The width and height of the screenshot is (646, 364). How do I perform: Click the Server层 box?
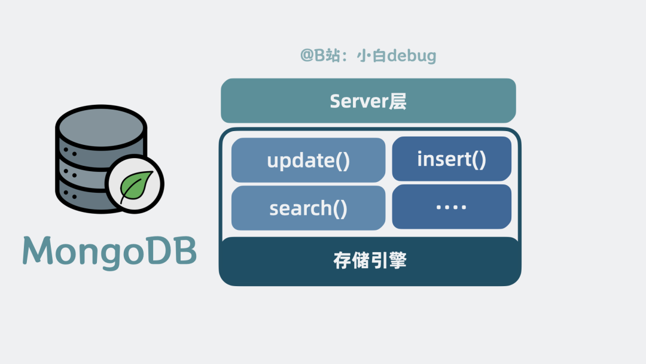(368, 101)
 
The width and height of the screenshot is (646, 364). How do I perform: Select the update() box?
(308, 160)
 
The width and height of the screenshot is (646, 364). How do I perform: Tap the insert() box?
(452, 159)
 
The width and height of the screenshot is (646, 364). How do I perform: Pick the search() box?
(308, 208)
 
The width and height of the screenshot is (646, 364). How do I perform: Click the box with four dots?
(452, 207)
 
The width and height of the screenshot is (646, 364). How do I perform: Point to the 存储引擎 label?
(370, 261)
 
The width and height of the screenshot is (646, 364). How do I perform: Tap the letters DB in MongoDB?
(177, 251)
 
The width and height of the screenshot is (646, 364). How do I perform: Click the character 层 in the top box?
(398, 101)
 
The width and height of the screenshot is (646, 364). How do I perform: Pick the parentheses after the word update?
(342, 161)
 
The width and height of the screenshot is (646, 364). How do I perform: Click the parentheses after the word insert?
(479, 159)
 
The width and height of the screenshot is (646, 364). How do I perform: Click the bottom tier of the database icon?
(84, 195)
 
